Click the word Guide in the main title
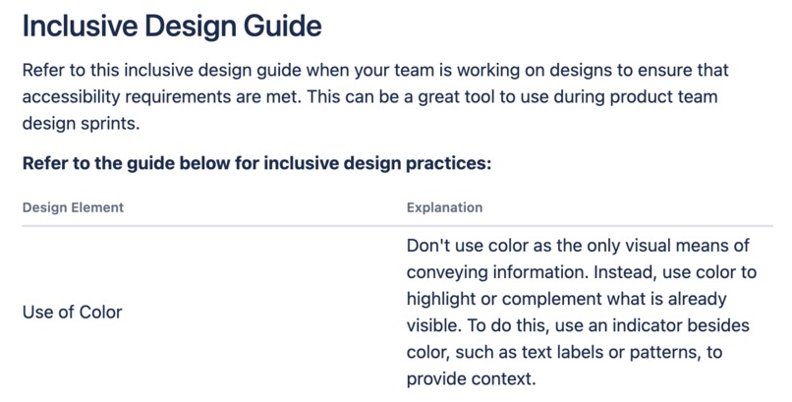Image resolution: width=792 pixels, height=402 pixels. click(278, 27)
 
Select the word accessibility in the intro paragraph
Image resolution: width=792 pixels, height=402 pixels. click(72, 98)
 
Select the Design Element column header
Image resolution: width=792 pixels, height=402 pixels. click(73, 208)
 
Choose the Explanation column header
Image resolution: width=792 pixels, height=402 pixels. click(444, 208)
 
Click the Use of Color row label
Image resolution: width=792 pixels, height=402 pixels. click(73, 313)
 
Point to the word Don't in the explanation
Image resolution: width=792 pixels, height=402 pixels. click(428, 245)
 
